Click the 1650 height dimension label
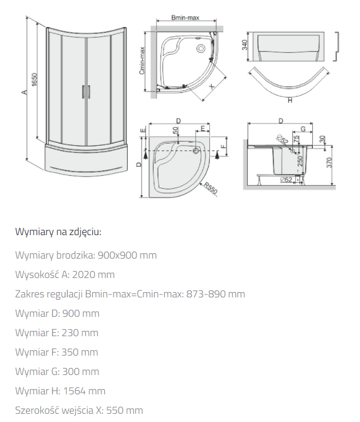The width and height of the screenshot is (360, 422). (34, 80)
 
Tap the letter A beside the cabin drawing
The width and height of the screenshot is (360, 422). (25, 92)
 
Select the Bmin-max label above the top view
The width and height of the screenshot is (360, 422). (185, 18)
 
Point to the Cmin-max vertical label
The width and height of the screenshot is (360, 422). (142, 61)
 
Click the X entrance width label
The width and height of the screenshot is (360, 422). (212, 86)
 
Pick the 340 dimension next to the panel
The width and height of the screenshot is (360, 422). (245, 45)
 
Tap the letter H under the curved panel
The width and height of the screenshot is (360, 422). (290, 101)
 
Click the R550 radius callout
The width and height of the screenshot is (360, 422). (210, 188)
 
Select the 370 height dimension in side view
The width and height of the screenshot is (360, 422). (329, 163)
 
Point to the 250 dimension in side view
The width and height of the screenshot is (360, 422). (300, 161)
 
